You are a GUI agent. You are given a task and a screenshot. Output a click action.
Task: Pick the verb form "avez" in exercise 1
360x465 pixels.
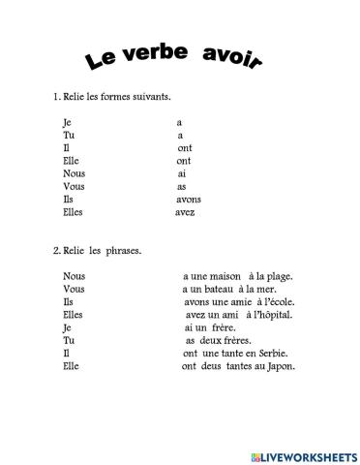(185, 211)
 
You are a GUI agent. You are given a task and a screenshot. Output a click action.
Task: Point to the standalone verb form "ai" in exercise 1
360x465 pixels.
(181, 173)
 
